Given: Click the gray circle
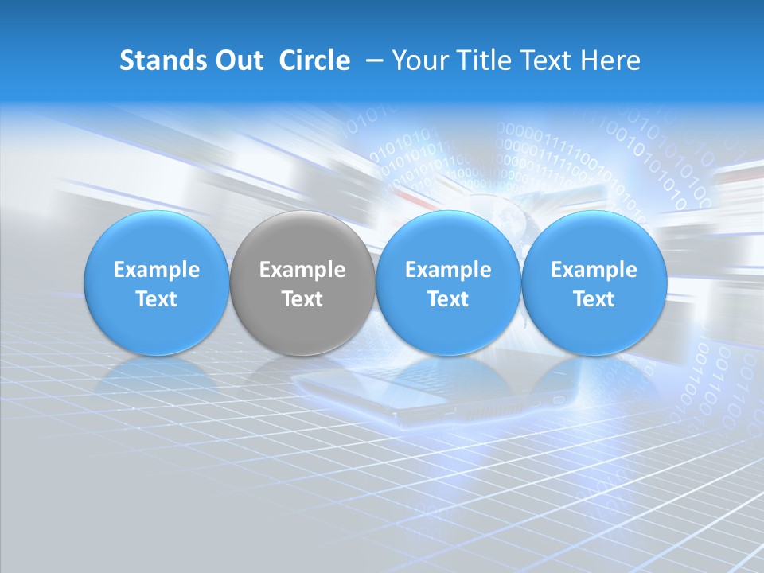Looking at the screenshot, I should [302, 283].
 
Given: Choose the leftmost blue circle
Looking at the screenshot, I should [156, 283].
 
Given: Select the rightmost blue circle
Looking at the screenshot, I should [594, 283].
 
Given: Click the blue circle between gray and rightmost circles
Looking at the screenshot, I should [448, 283].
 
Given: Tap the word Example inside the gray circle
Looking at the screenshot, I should [302, 270].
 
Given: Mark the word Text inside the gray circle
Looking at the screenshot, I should [302, 299].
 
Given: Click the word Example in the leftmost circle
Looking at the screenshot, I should [156, 270].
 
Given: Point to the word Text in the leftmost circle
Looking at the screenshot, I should [156, 299].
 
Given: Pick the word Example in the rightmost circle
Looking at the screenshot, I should [594, 270].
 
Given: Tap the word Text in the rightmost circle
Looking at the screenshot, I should [594, 299].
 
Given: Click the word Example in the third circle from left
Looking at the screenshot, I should [448, 270].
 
